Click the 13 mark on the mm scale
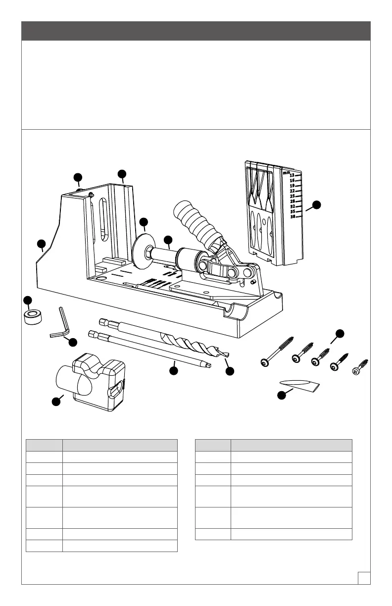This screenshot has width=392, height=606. (x=292, y=175)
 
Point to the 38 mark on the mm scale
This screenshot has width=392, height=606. (x=292, y=216)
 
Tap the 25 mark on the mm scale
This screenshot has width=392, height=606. (x=292, y=196)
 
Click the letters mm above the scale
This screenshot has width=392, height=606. (x=286, y=173)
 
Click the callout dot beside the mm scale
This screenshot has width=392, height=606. (x=317, y=204)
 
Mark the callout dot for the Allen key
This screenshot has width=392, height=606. (x=73, y=342)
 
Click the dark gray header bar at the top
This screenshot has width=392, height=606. (x=196, y=31)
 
